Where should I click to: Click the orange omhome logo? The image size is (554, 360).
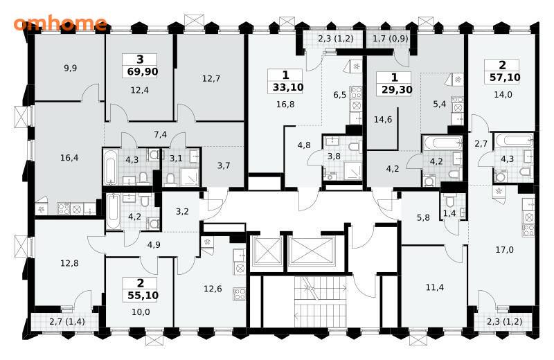pyautogui.click(x=60, y=24)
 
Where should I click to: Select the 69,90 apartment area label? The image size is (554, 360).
pyautogui.click(x=143, y=72)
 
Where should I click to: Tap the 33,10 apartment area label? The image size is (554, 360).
pyautogui.click(x=288, y=87)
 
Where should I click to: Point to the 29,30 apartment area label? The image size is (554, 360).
pyautogui.click(x=397, y=89)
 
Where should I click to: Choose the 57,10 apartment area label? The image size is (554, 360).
pyautogui.click(x=505, y=77)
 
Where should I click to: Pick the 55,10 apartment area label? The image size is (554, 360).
pyautogui.click(x=143, y=295)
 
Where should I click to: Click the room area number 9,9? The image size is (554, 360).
pyautogui.click(x=71, y=68)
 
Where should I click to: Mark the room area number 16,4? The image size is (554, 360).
pyautogui.click(x=69, y=158)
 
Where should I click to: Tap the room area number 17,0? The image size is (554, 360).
pyautogui.click(x=505, y=250)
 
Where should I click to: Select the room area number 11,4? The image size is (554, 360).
pyautogui.click(x=435, y=287)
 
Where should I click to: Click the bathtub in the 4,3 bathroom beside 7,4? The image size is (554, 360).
pyautogui.click(x=110, y=166)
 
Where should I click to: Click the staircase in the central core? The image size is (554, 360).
pyautogui.click(x=320, y=301)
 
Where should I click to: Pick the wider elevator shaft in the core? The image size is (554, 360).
pyautogui.click(x=311, y=251)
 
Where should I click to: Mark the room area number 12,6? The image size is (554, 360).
pyautogui.click(x=213, y=289)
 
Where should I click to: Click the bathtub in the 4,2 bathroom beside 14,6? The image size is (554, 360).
pyautogui.click(x=442, y=143)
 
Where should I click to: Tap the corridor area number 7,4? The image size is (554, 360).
pyautogui.click(x=161, y=134)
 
